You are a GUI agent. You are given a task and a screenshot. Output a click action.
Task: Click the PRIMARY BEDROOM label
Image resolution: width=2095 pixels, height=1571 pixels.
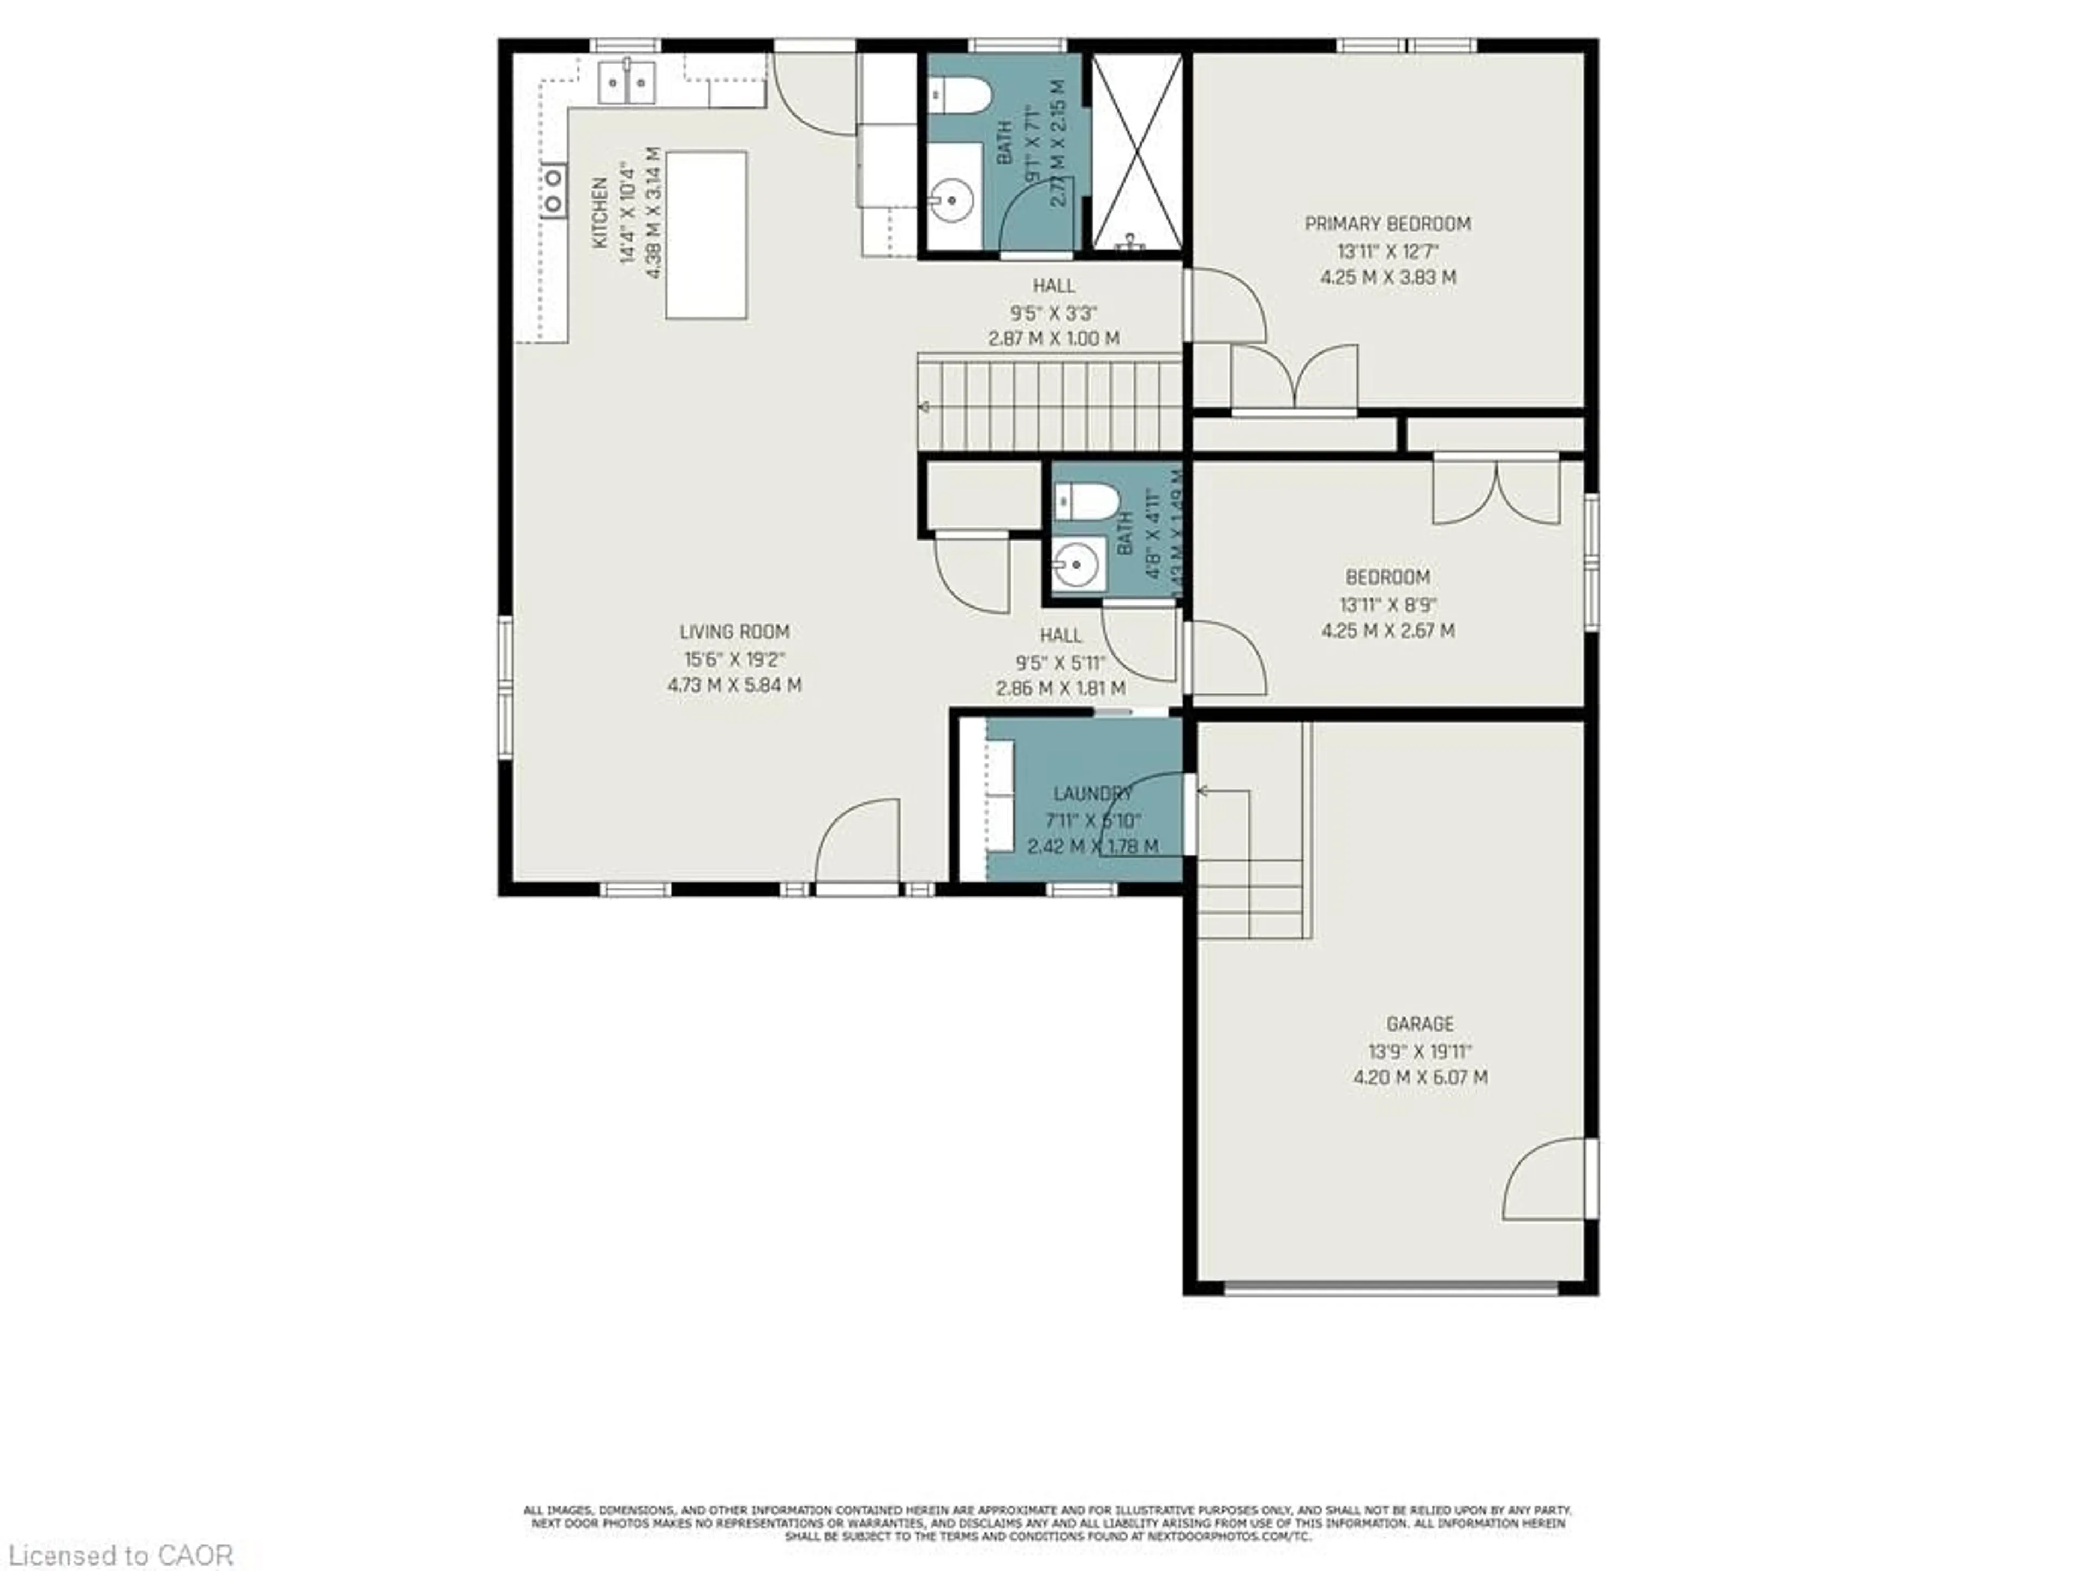[1387, 224]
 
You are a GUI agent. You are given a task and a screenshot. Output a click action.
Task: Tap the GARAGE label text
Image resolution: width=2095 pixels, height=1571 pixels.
[1419, 1024]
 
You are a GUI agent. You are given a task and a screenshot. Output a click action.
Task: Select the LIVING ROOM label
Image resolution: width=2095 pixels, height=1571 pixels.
[734, 632]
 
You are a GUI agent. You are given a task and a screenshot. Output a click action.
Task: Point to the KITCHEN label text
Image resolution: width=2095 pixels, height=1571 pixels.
[600, 213]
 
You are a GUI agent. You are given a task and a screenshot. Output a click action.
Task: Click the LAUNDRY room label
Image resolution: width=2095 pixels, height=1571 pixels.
[1092, 794]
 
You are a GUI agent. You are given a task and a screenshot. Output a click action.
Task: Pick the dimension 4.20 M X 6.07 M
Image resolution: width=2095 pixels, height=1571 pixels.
[1420, 1078]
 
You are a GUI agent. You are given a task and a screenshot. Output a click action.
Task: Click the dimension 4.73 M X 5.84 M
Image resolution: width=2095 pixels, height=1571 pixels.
[734, 685]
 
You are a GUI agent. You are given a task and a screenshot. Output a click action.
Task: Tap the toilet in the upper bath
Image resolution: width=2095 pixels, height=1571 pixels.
[960, 95]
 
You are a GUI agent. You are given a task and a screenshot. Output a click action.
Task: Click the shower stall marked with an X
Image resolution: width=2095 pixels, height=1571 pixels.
[1136, 152]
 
